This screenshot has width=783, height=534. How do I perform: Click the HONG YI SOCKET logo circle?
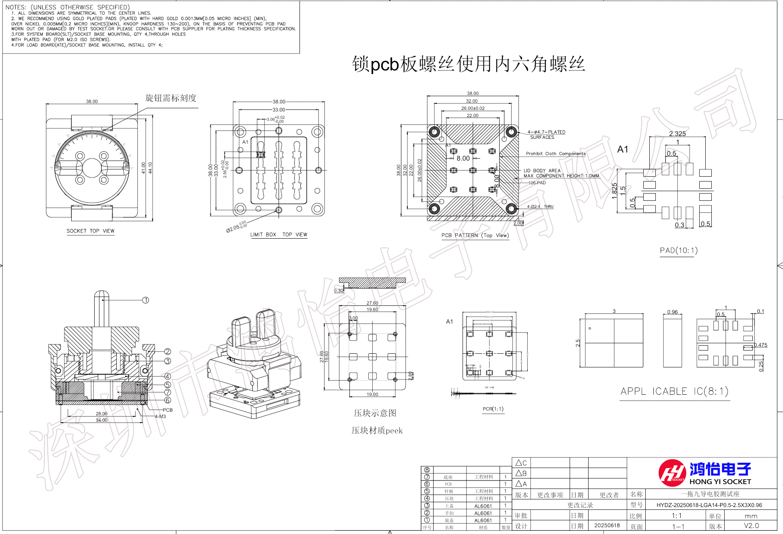pos(672,473)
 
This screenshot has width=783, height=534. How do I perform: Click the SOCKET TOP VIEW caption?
pos(91,231)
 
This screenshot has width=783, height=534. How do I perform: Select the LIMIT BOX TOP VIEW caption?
pos(279,235)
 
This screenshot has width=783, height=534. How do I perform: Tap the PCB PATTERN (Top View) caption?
pos(475,235)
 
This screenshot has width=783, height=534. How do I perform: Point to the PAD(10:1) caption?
pos(678,251)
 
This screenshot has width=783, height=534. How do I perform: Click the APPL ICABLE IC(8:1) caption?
pos(674,392)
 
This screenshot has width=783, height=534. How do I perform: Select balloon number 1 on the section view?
pos(146,300)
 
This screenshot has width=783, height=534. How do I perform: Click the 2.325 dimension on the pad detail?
pos(678,134)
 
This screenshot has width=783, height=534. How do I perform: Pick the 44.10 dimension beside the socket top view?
pos(150,168)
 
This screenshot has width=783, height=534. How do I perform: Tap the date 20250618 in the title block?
pos(607,526)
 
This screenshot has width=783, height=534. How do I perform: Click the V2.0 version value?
pos(751,526)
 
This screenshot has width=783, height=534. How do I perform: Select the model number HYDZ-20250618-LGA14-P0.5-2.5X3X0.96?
pos(709,505)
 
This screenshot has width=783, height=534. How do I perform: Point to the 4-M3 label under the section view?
pos(160,416)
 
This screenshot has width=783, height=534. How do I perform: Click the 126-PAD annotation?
pos(537,183)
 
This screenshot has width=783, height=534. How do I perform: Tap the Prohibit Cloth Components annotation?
pos(556,154)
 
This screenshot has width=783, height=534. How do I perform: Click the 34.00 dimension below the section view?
pos(101,420)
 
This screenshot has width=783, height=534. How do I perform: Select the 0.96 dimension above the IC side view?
pos(672,312)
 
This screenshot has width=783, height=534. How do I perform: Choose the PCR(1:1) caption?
pos(493,409)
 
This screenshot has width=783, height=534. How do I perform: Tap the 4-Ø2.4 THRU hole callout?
pos(540,206)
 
